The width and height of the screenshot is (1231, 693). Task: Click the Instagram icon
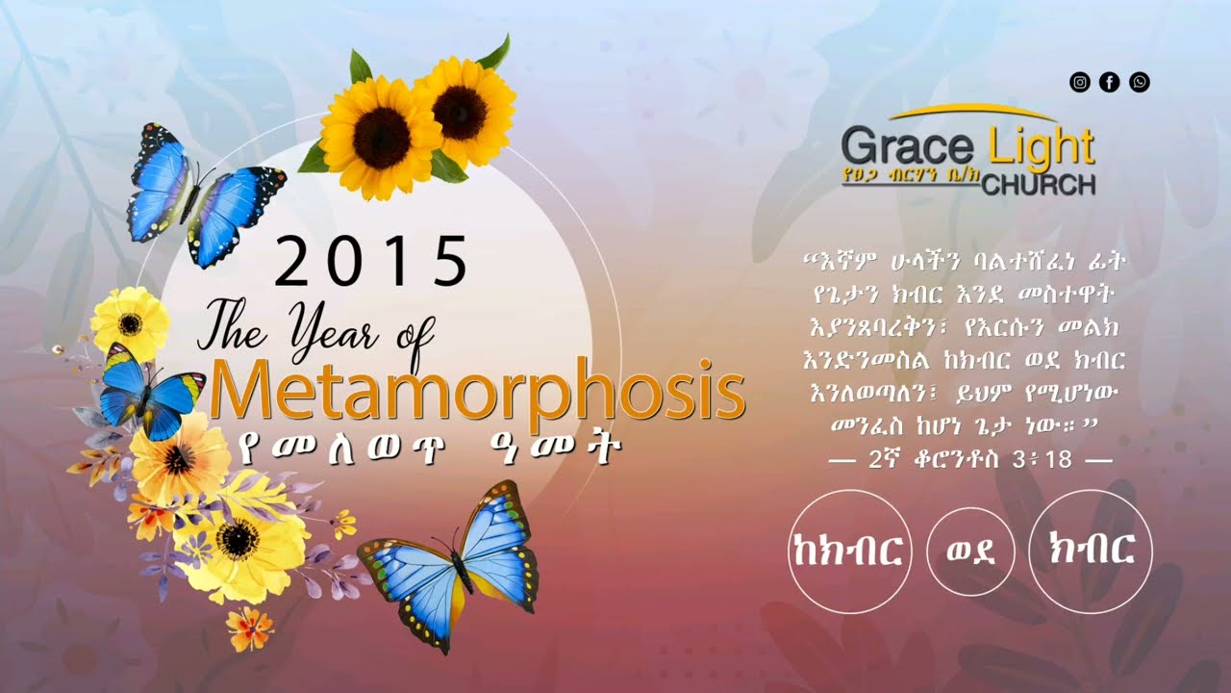(1080, 83)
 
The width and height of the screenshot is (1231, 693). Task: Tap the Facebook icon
(1109, 83)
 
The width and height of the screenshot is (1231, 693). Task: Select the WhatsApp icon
(1140, 83)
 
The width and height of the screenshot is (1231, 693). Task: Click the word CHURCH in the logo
(1039, 185)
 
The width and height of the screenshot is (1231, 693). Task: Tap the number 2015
(370, 262)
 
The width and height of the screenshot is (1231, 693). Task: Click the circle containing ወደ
(970, 552)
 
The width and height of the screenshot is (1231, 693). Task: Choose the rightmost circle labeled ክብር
(1090, 552)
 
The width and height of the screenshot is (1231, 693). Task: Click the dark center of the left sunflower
(381, 138)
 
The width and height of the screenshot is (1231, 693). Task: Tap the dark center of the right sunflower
(459, 113)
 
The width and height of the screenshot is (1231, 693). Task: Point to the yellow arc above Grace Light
(971, 113)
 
